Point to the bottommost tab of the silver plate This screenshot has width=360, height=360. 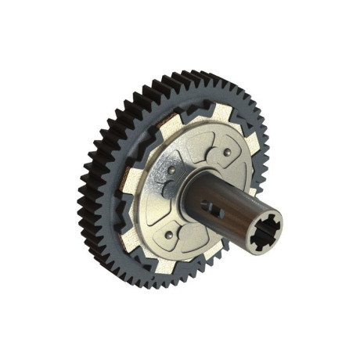tap(164, 264)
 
